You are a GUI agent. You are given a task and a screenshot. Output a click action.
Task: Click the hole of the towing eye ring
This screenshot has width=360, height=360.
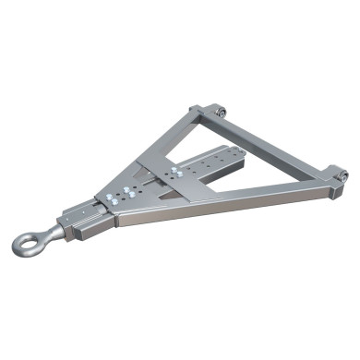(x=28, y=243)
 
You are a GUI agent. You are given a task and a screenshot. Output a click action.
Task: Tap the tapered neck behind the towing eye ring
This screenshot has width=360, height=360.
(x=51, y=234)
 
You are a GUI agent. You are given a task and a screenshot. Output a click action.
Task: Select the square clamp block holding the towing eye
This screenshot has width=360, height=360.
(x=77, y=221)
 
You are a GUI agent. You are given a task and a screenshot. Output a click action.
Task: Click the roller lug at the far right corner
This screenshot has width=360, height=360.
(x=341, y=174)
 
